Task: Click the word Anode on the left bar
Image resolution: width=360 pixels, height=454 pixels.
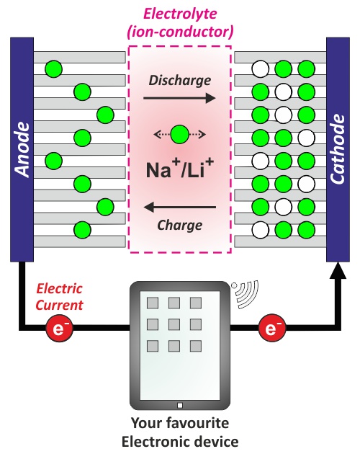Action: coord(22,149)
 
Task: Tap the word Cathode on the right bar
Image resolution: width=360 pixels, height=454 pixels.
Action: coord(338,149)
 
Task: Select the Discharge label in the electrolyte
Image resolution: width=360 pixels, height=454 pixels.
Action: coord(180,81)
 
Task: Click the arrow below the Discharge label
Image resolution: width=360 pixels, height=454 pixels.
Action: coord(179,98)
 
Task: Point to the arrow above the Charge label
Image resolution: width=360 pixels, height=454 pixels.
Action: coord(180,207)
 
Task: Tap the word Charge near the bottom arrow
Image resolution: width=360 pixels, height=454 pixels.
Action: coord(180,226)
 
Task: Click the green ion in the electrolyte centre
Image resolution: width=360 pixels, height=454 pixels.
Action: coord(180,134)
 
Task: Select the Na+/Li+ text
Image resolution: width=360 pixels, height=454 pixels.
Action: coord(180,168)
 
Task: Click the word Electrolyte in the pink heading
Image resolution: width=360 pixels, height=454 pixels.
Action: coord(180,13)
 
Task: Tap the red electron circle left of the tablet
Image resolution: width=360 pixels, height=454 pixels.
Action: coord(59,328)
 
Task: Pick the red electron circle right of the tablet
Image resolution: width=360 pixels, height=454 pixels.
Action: coord(271,328)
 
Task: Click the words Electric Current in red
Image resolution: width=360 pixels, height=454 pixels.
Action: coord(59,297)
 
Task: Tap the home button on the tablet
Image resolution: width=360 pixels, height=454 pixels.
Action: coord(180,405)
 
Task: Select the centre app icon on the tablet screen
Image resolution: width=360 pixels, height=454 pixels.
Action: coord(174,324)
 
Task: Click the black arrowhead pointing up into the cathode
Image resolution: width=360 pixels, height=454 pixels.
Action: coord(338,270)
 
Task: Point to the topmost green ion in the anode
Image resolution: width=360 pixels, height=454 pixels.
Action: coord(53,69)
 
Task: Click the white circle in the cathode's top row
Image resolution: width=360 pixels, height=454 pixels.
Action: coord(261,69)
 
